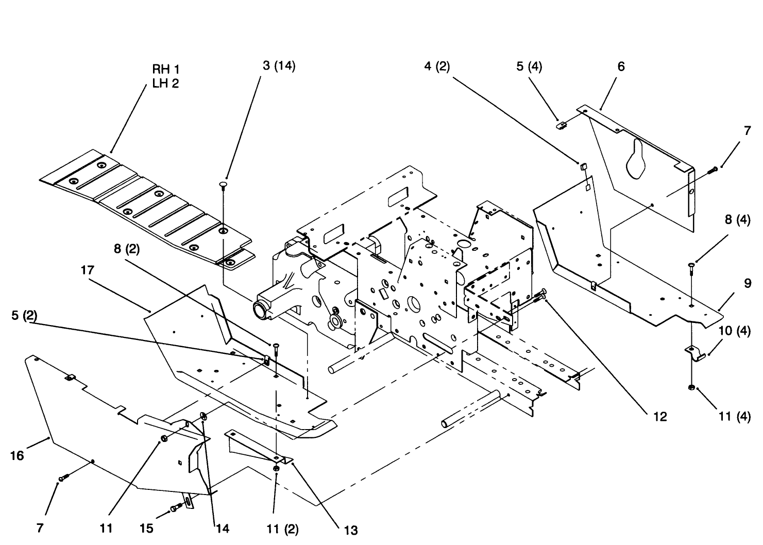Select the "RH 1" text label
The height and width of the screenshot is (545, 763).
tap(165, 70)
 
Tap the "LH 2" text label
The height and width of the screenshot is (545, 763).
tap(165, 83)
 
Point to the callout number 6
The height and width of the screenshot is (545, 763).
tap(621, 66)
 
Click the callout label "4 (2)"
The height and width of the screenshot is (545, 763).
tap(437, 66)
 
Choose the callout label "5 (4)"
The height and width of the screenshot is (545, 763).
tap(529, 66)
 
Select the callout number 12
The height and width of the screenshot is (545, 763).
tap(659, 416)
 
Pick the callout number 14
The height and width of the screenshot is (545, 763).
tap(223, 529)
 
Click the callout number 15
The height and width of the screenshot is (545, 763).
tap(147, 529)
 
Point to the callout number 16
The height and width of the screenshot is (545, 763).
tap(17, 455)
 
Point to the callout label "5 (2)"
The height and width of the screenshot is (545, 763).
tap(24, 316)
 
